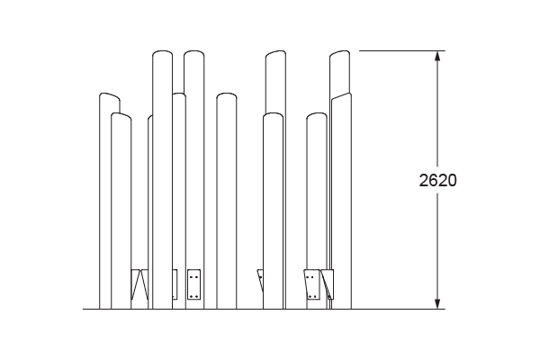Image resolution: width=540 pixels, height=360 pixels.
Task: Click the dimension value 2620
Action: click(x=437, y=180)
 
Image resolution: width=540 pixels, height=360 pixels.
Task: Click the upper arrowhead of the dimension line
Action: click(x=437, y=56)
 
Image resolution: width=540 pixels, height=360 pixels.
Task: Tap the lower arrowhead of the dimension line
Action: click(x=437, y=304)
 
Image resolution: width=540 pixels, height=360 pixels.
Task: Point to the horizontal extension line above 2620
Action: click(x=402, y=50)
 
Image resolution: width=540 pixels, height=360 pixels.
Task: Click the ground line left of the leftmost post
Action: click(x=91, y=309)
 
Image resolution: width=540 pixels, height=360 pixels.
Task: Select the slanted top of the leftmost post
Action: click(x=110, y=95)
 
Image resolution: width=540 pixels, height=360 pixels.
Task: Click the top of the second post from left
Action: click(x=121, y=115)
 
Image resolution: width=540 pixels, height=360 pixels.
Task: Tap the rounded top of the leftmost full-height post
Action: click(x=163, y=52)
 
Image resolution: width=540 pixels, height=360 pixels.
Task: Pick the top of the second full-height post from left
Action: click(x=193, y=52)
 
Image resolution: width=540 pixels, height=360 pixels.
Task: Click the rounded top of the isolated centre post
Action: click(x=227, y=94)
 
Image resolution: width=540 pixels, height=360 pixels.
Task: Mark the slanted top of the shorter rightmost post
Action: click(x=341, y=95)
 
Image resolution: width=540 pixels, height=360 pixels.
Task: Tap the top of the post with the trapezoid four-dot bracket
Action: click(x=317, y=114)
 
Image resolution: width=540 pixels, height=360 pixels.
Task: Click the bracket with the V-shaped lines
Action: click(x=139, y=284)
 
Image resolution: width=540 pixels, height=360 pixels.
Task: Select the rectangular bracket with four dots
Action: click(x=193, y=284)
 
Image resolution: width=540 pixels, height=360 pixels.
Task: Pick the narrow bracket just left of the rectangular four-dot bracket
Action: click(x=175, y=284)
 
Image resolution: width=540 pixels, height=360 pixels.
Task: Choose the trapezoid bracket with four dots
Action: click(x=312, y=284)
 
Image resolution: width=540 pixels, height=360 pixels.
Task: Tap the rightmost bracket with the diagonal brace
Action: click(x=328, y=284)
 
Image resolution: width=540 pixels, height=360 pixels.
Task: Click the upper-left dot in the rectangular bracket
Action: click(x=191, y=277)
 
